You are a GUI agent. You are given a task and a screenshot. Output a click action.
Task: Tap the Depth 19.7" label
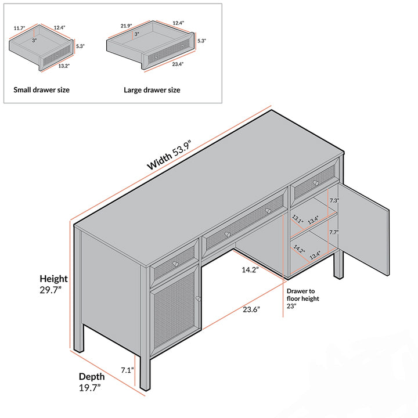[92, 381]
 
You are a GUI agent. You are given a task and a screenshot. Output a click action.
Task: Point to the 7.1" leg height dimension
[127, 370]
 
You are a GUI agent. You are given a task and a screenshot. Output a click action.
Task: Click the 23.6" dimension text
[251, 309]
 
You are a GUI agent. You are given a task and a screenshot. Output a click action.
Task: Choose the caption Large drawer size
[152, 90]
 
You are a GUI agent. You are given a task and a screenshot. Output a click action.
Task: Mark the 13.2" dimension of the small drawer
[63, 66]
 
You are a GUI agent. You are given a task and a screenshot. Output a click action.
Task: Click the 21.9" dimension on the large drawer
[127, 26]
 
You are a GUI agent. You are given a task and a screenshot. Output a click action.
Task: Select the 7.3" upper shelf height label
[334, 200]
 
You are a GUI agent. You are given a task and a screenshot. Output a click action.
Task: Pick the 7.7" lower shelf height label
[334, 232]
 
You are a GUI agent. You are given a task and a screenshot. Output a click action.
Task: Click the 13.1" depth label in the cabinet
[297, 219]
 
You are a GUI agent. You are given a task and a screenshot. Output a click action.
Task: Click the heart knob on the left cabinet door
[199, 299]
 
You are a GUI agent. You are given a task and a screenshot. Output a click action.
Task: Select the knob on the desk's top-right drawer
[316, 182]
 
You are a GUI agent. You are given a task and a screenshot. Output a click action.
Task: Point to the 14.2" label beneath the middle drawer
[250, 270]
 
